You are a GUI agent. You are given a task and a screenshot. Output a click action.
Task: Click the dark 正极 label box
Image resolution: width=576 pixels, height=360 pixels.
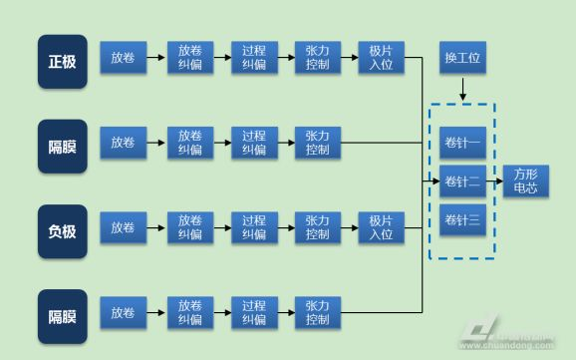[x=63, y=62]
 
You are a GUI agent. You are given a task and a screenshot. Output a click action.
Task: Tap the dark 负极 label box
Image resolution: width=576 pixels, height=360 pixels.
[x=63, y=231]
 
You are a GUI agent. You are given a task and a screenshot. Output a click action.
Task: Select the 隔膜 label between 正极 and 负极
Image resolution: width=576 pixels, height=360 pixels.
[x=63, y=147]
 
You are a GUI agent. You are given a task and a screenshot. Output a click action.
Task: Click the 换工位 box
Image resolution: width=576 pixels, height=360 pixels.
[x=462, y=58]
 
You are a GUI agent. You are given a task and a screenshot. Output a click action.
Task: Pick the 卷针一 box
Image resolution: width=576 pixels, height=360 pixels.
[x=462, y=143]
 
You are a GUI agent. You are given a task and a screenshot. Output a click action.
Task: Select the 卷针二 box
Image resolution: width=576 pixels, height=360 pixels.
[x=462, y=181]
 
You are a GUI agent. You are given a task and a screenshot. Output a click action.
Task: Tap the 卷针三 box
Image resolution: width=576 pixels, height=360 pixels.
[x=462, y=220]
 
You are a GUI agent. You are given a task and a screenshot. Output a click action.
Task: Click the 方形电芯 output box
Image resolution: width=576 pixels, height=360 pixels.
[x=525, y=180]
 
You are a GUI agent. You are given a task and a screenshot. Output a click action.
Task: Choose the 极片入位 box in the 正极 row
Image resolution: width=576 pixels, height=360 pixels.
[x=382, y=58]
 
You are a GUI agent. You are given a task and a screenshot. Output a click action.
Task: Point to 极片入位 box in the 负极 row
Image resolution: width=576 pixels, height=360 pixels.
[x=382, y=227]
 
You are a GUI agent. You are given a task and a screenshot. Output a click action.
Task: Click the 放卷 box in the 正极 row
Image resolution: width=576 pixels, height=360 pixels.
[x=123, y=58]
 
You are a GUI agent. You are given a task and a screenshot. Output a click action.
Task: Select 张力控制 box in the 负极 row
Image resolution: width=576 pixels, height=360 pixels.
[x=318, y=227]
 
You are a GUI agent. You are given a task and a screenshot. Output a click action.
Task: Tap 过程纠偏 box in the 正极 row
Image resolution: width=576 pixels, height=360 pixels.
[x=254, y=58]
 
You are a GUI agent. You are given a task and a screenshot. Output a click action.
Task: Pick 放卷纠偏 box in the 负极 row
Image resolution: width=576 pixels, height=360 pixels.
[x=190, y=227]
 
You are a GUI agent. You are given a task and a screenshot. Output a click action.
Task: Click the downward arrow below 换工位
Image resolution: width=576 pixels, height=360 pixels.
[x=462, y=90]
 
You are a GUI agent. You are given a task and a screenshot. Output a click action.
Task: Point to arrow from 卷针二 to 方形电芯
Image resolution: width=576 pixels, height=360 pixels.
[x=494, y=180]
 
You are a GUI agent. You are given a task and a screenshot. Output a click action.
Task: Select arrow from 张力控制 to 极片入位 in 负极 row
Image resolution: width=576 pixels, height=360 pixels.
[x=350, y=228]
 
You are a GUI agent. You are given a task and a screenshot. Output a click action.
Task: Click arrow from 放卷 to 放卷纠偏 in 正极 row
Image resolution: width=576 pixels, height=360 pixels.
[x=155, y=58]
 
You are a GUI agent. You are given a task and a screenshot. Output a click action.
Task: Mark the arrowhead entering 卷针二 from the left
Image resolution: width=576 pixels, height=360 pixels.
[x=436, y=180]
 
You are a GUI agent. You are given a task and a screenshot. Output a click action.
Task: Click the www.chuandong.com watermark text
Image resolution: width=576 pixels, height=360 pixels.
[x=507, y=345]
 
